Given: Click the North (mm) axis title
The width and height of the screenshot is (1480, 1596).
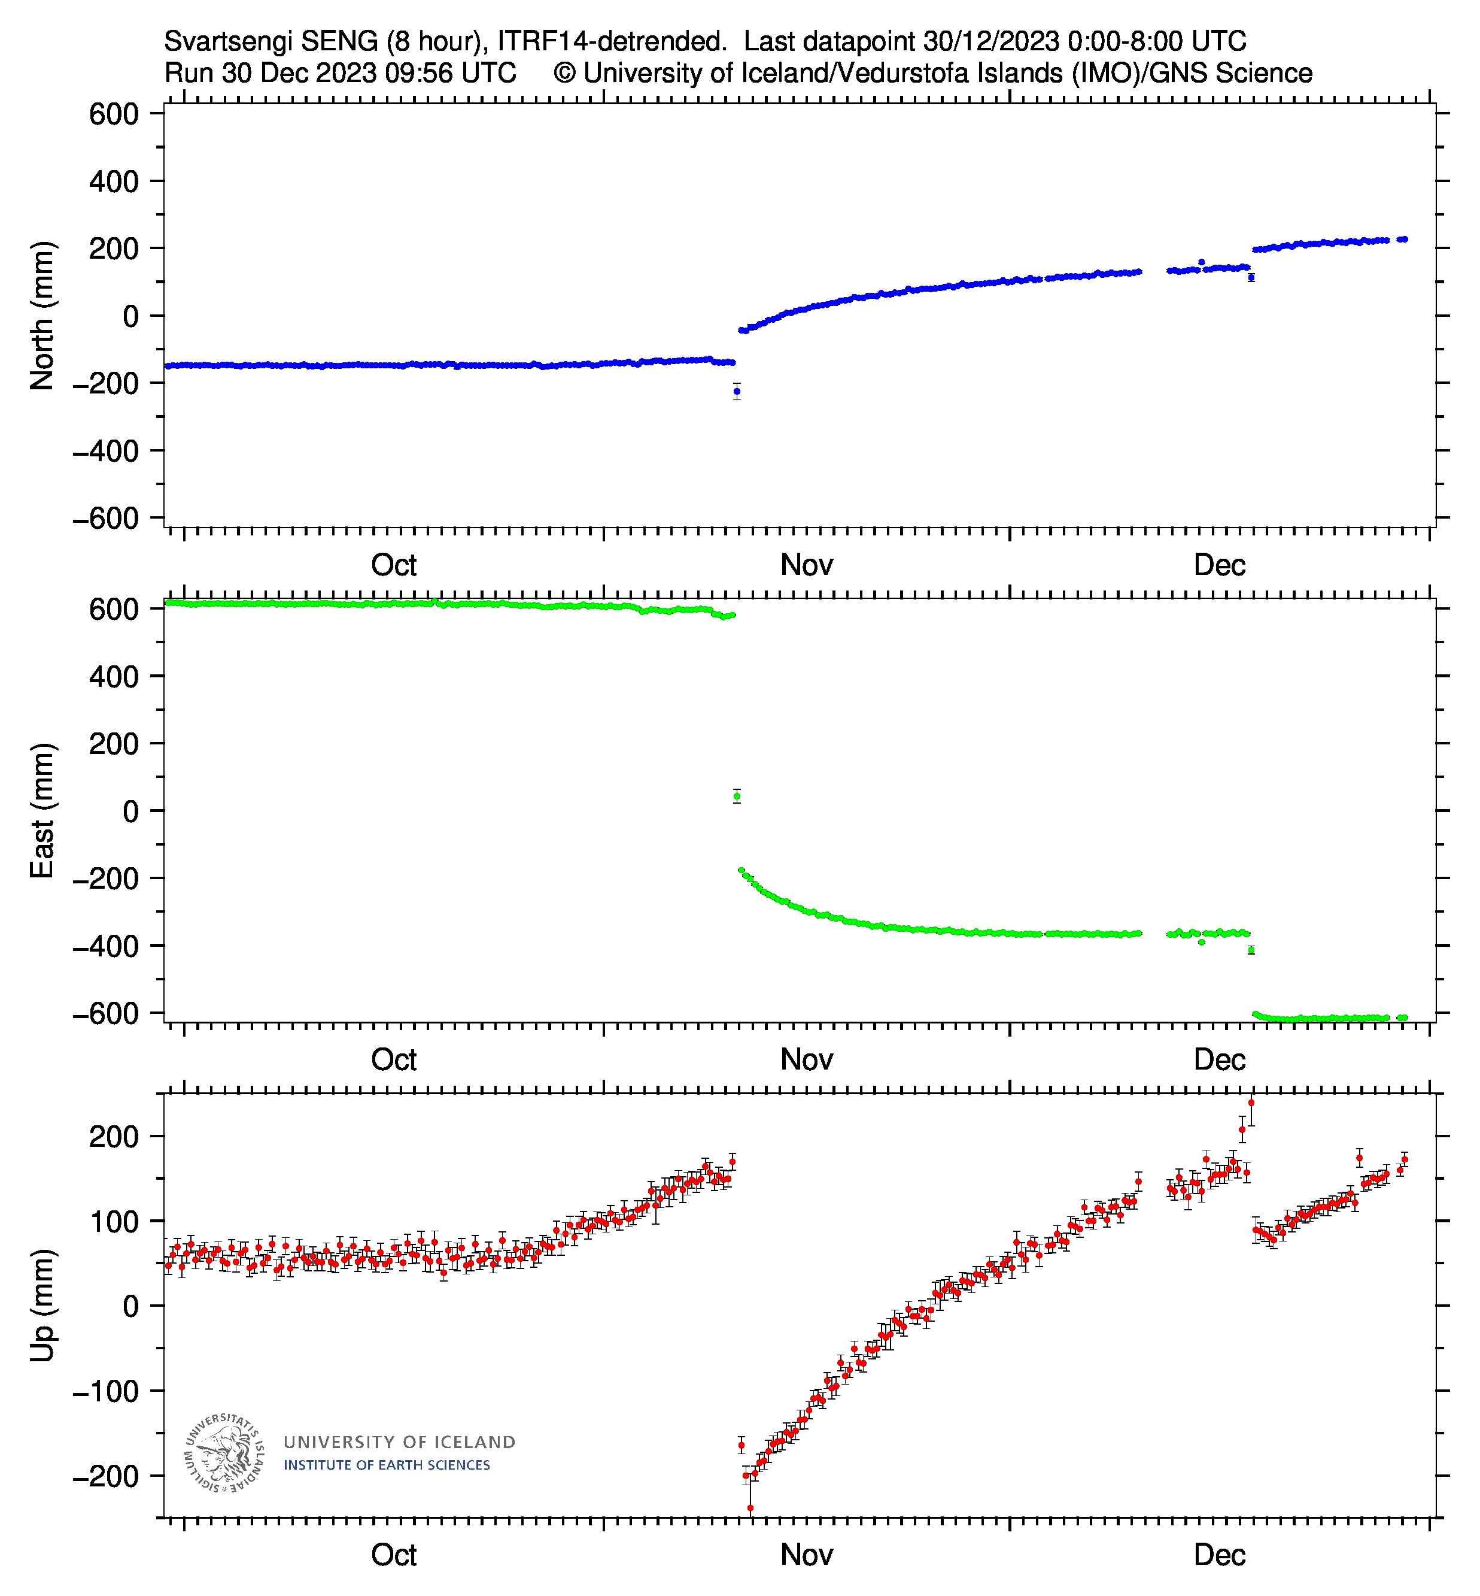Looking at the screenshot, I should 42,316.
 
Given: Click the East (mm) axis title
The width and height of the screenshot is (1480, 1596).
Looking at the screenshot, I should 42,810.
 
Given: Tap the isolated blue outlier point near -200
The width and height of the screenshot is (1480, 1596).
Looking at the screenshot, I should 737,392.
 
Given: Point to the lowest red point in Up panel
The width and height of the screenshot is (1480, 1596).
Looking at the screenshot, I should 750,1508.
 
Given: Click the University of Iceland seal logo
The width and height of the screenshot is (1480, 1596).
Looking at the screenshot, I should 224,1452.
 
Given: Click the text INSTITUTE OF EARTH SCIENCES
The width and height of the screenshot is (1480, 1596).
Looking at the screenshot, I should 387,1465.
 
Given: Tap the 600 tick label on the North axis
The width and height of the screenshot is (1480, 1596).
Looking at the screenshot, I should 114,114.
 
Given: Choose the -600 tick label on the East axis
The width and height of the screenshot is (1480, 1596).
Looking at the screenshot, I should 106,1013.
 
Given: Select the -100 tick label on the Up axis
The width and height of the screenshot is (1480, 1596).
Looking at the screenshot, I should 106,1391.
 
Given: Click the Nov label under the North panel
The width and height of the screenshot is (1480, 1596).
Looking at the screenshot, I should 807,565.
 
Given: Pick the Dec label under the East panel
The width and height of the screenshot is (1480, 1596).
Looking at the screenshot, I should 1219,1059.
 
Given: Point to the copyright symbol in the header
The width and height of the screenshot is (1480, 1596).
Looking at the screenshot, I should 564,73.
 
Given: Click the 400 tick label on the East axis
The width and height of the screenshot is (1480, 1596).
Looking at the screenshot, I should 114,676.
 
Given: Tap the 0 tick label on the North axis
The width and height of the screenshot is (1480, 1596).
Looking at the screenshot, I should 130,316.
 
